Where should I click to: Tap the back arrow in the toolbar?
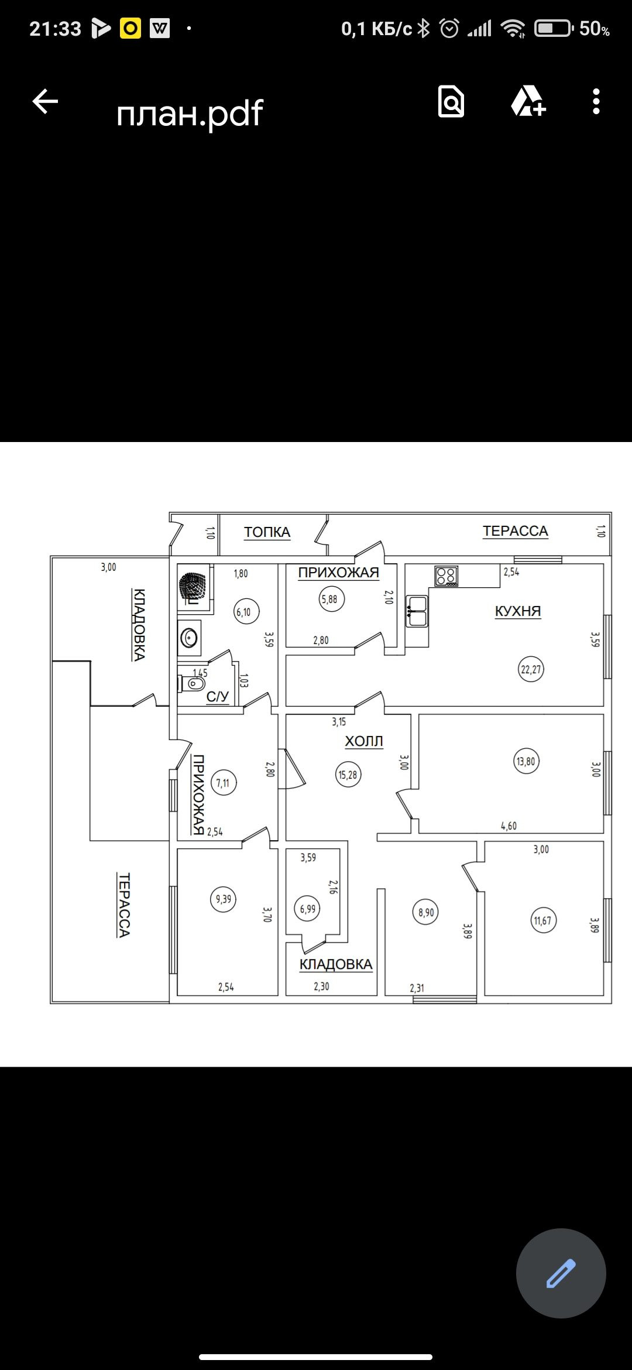(x=45, y=101)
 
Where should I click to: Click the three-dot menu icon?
(x=596, y=101)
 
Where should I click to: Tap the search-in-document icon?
(x=451, y=101)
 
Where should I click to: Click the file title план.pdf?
(x=190, y=112)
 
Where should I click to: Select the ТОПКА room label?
(x=267, y=532)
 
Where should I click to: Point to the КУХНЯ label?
(x=518, y=611)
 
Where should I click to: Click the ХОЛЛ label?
(x=364, y=741)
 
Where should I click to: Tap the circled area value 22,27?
(x=531, y=669)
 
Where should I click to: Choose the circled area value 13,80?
(x=526, y=761)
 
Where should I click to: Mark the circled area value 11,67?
(x=542, y=920)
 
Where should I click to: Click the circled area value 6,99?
(x=308, y=909)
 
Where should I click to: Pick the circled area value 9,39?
(x=224, y=899)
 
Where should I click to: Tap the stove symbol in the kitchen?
(x=446, y=576)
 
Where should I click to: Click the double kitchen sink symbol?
(x=417, y=611)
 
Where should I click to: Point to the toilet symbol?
(x=192, y=683)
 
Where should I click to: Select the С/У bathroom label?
(x=218, y=697)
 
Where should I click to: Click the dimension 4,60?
(x=509, y=826)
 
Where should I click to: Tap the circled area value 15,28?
(x=348, y=775)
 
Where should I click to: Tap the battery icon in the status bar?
(x=553, y=28)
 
